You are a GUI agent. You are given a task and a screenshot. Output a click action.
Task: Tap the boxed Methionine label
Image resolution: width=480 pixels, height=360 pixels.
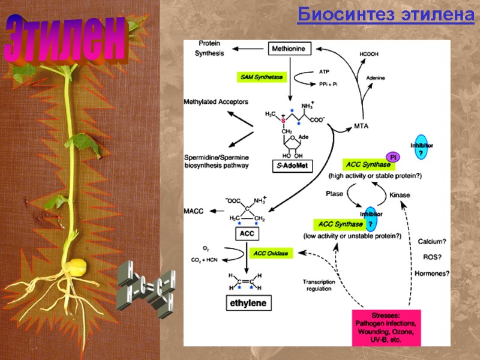point(291,48)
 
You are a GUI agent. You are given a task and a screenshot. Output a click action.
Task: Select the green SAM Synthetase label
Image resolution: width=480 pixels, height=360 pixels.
point(262,77)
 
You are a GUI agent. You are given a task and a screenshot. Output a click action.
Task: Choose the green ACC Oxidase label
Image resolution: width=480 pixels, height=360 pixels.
point(271,254)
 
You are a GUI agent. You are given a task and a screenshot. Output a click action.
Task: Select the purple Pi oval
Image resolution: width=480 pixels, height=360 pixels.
point(394,157)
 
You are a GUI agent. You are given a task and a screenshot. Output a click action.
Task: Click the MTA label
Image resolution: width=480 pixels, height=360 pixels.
point(361,126)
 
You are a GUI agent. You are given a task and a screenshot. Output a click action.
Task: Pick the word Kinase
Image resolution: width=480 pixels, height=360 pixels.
point(399,196)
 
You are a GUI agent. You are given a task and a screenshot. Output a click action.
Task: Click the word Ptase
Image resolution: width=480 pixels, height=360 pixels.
point(334,194)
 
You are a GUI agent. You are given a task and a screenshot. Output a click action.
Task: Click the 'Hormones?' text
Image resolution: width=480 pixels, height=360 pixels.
point(432,273)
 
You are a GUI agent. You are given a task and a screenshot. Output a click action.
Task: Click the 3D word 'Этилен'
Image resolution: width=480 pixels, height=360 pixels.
point(67,40)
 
